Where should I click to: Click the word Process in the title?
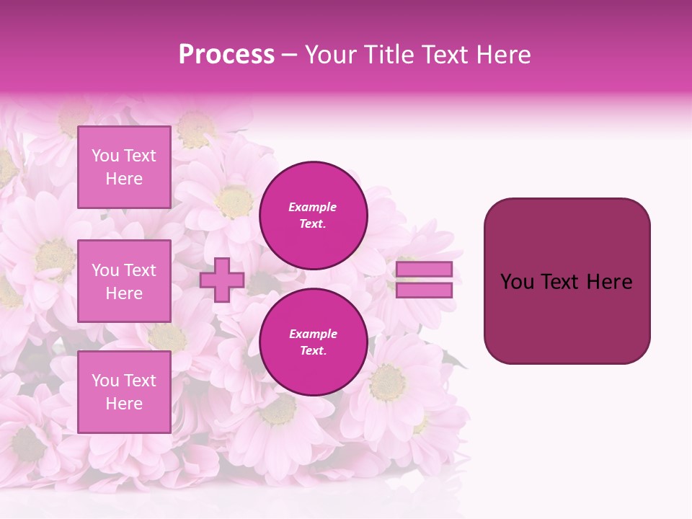(x=226, y=55)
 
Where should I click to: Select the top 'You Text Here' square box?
(x=124, y=167)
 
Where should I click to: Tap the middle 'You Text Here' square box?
(x=124, y=281)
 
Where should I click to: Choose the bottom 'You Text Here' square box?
(x=124, y=392)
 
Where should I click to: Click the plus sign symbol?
(x=221, y=280)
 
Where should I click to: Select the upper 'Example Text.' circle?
(x=313, y=215)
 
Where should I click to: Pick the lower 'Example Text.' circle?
(x=313, y=342)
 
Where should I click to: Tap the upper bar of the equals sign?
(x=424, y=269)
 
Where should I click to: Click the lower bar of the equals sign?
(x=424, y=290)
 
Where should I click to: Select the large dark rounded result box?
(x=567, y=317)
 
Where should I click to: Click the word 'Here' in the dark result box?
(x=609, y=282)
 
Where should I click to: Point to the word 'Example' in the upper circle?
(x=313, y=207)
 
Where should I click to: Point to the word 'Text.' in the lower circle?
(x=313, y=351)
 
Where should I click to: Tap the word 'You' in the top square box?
(x=105, y=156)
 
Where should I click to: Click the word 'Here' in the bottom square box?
(x=124, y=404)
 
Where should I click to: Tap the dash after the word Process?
(x=290, y=55)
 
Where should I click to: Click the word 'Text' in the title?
(x=443, y=55)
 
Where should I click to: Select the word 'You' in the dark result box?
(x=516, y=282)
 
